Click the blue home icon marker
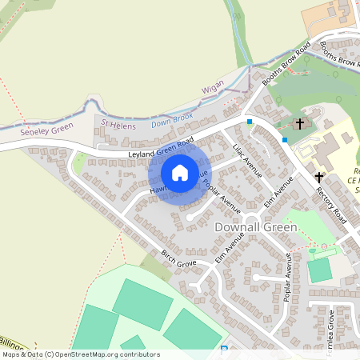(x=180, y=172)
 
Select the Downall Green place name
(x=256, y=227)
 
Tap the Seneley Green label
(x=47, y=130)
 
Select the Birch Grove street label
(x=178, y=259)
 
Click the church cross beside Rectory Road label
(x=320, y=177)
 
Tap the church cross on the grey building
(x=301, y=124)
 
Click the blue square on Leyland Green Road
(x=250, y=122)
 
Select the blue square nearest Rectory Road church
(x=284, y=139)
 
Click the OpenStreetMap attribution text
(x=80, y=354)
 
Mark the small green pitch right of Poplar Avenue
(x=320, y=270)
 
